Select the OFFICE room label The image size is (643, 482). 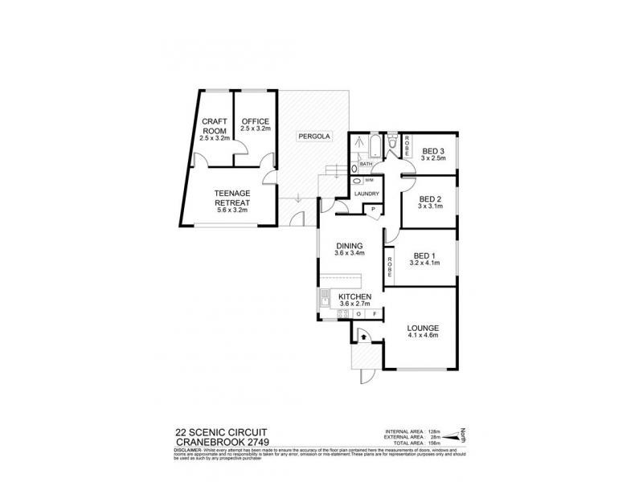click(255, 122)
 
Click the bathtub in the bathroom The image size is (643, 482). click(375, 146)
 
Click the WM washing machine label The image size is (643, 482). click(369, 182)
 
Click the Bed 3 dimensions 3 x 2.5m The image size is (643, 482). click(432, 158)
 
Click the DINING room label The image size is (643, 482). click(350, 247)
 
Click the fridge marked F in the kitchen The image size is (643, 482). click(374, 314)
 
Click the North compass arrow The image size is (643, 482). click(463, 435)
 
